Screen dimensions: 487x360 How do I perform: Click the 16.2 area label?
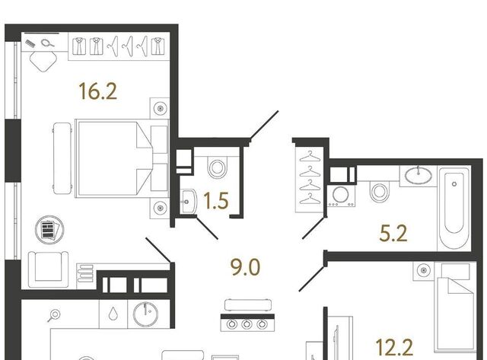pyautogui.click(x=98, y=91)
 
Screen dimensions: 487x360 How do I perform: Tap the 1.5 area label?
pyautogui.click(x=216, y=200)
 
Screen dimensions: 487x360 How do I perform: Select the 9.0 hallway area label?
pyautogui.click(x=245, y=267)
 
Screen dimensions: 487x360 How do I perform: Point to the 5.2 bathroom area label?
pyautogui.click(x=393, y=233)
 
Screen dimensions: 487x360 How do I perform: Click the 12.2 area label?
pyautogui.click(x=394, y=347)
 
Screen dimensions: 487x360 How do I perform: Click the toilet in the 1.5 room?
pyautogui.click(x=217, y=167)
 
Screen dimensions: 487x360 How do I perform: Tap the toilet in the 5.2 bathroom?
pyautogui.click(x=379, y=191)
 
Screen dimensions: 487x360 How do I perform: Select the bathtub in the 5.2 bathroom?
pyautogui.click(x=454, y=208)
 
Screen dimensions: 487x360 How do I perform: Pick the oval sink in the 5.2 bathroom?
pyautogui.click(x=419, y=175)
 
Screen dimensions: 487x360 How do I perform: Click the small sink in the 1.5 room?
pyautogui.click(x=188, y=202)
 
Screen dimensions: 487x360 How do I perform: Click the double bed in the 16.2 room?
pyautogui.click(x=122, y=158)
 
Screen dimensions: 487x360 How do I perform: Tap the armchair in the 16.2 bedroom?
pyautogui.click(x=48, y=269)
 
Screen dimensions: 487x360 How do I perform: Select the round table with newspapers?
pyautogui.click(x=49, y=230)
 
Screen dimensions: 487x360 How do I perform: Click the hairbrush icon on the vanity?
pyautogui.click(x=30, y=43)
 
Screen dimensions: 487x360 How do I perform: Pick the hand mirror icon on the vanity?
pyautogui.click(x=47, y=43)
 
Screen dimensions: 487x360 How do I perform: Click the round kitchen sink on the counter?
pyautogui.click(x=145, y=314)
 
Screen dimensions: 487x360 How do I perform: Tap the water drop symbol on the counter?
pyautogui.click(x=113, y=314)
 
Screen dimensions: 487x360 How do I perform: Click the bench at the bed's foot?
pyautogui.click(x=62, y=158)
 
